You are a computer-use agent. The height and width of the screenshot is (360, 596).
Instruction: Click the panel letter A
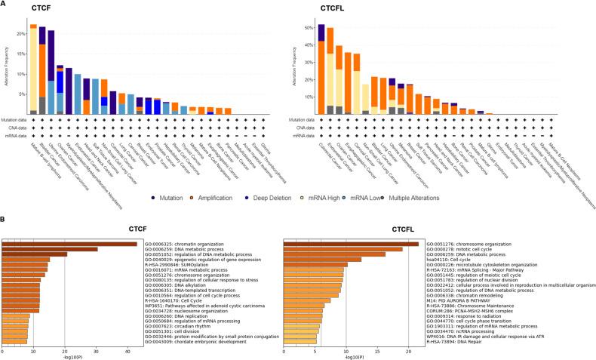(x=5, y=5)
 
